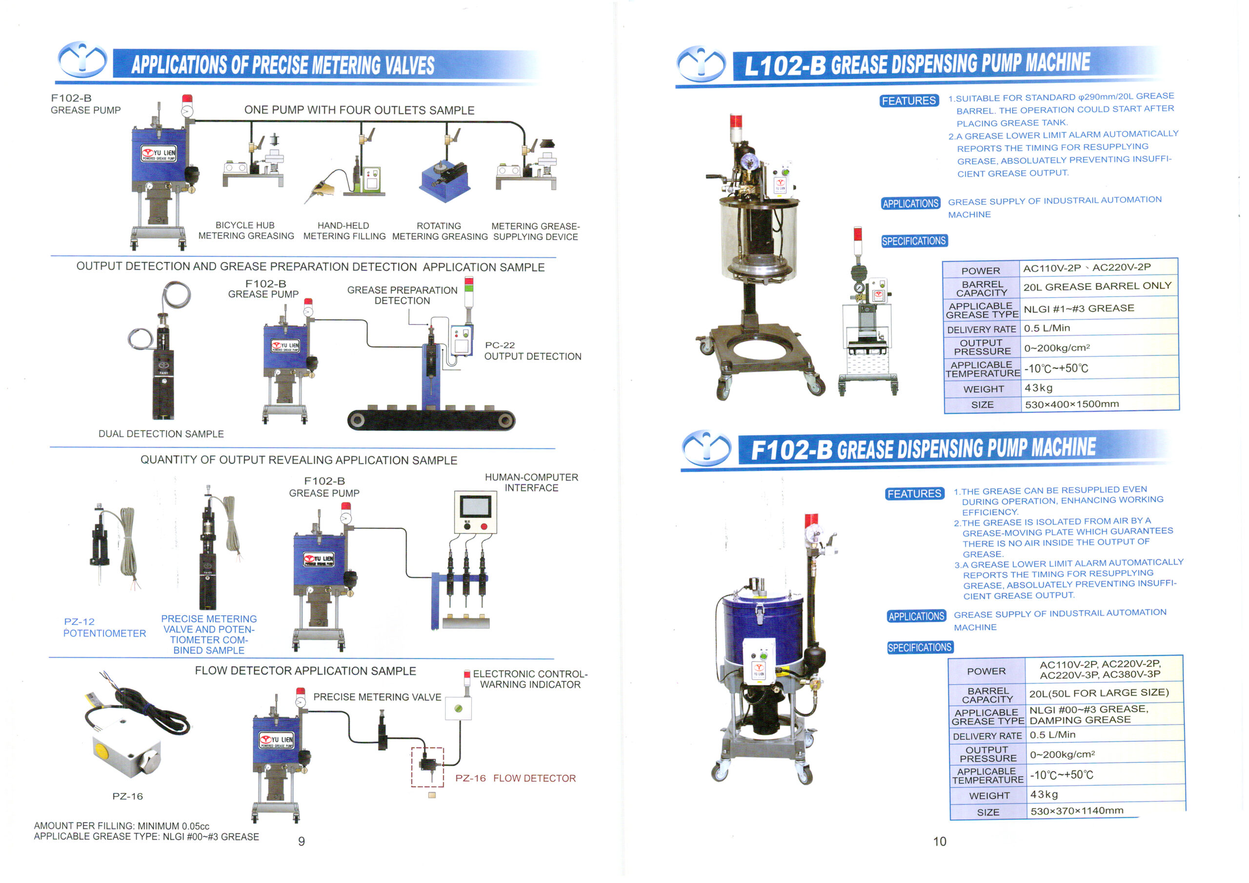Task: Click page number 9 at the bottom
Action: click(x=302, y=841)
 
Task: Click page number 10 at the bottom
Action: click(x=940, y=841)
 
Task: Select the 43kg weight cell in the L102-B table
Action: click(x=1039, y=388)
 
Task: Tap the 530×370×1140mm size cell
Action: click(x=1077, y=811)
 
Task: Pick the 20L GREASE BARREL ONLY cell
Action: click(x=1097, y=286)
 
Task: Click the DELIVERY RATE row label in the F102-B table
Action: click(x=987, y=736)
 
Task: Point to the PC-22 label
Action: click(x=500, y=345)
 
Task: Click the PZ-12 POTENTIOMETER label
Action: click(x=104, y=627)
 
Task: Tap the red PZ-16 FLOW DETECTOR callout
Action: click(x=515, y=778)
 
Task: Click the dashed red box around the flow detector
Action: click(x=412, y=767)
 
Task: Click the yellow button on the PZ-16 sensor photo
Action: click(x=102, y=751)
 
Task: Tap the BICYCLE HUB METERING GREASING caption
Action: click(x=246, y=231)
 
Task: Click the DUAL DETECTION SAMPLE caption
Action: click(x=161, y=434)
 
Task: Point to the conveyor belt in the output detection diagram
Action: click(x=431, y=420)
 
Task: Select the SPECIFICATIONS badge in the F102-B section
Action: click(x=919, y=647)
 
